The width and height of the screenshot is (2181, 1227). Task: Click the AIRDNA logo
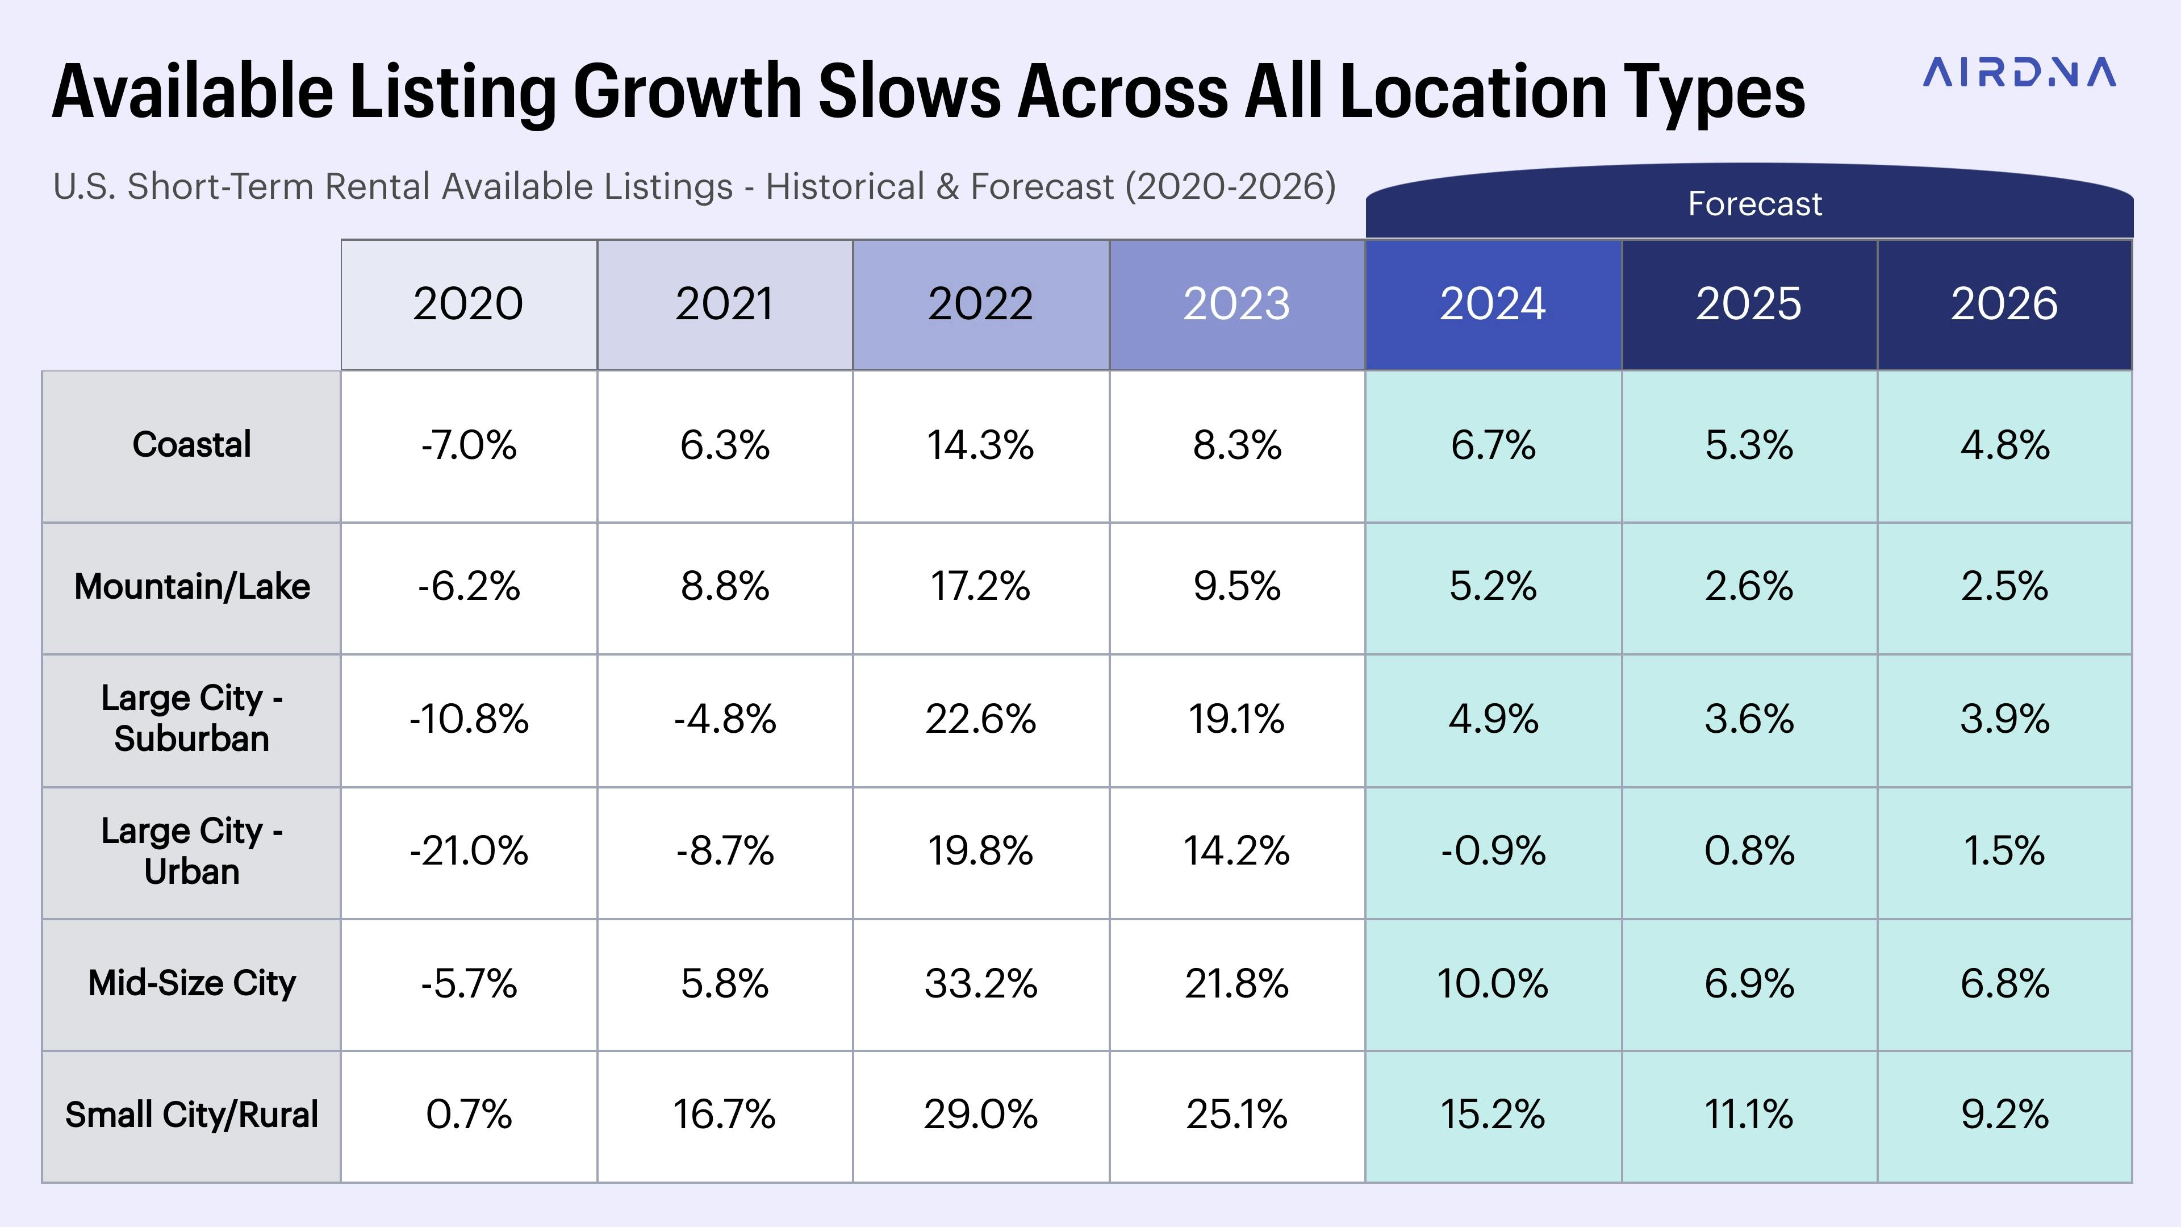coord(2019,73)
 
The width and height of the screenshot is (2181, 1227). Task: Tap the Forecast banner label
coord(1754,204)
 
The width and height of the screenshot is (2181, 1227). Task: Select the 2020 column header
coord(468,304)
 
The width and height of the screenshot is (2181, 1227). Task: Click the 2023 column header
coord(1236,304)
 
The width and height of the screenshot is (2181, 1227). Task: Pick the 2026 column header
coord(2004,304)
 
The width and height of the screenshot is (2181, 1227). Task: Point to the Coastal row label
coord(191,445)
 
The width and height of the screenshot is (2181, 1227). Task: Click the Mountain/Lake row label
coord(191,587)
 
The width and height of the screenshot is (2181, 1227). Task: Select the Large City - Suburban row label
coord(191,719)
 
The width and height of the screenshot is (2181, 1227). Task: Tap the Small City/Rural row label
coord(191,1115)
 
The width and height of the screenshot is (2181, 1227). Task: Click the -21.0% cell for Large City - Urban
coord(468,851)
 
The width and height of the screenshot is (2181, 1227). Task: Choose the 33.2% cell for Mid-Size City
coord(980,984)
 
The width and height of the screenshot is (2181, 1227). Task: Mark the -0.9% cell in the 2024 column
coord(1493,851)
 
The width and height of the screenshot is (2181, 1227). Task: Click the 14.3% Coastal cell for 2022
coord(980,445)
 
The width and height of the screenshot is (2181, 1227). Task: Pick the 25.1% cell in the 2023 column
coord(1236,1115)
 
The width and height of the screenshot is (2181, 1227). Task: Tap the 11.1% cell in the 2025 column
coord(1748,1115)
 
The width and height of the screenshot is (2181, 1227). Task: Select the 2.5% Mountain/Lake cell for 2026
coord(2004,587)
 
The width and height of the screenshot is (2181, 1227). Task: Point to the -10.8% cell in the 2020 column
coord(468,720)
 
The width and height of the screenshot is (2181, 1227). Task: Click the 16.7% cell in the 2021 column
coord(724,1115)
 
